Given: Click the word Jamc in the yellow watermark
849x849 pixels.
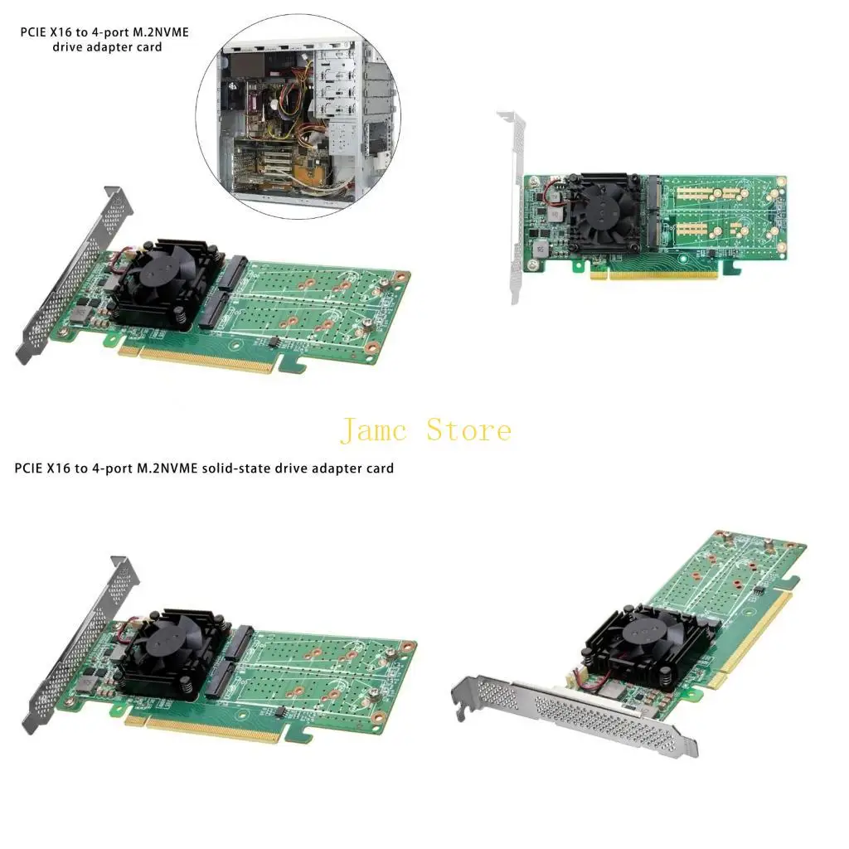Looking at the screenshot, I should (x=376, y=430).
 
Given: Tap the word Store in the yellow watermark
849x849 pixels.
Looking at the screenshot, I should (x=468, y=430).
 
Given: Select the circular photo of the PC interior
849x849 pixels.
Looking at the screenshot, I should (x=298, y=119).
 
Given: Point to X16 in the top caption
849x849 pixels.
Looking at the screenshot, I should (x=70, y=33).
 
